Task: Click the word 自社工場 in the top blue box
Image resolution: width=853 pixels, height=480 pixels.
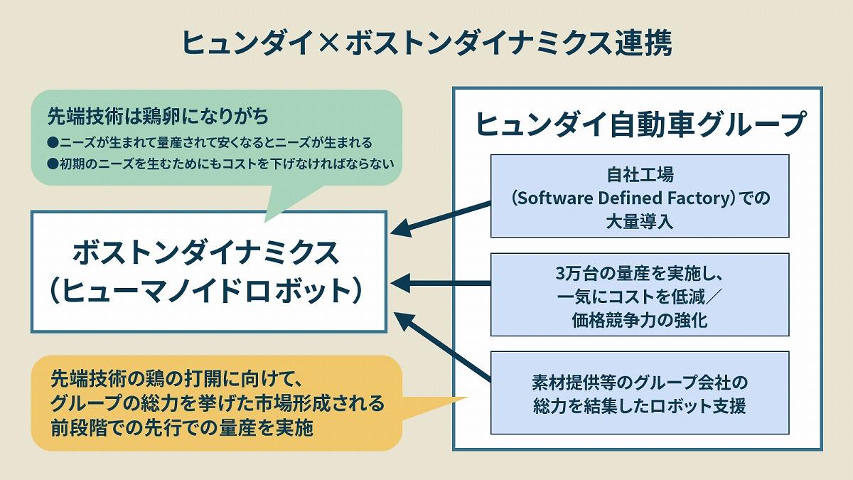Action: click(640, 174)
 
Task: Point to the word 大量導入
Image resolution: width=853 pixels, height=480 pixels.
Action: click(640, 220)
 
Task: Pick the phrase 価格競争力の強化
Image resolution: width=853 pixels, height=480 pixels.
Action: click(640, 319)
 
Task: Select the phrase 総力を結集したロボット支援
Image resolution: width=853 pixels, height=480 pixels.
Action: click(640, 407)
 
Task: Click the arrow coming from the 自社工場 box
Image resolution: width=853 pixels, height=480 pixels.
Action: click(441, 216)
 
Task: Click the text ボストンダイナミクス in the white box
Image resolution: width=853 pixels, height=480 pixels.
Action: click(207, 253)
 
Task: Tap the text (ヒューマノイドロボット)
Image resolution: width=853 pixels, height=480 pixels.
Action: click(207, 291)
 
